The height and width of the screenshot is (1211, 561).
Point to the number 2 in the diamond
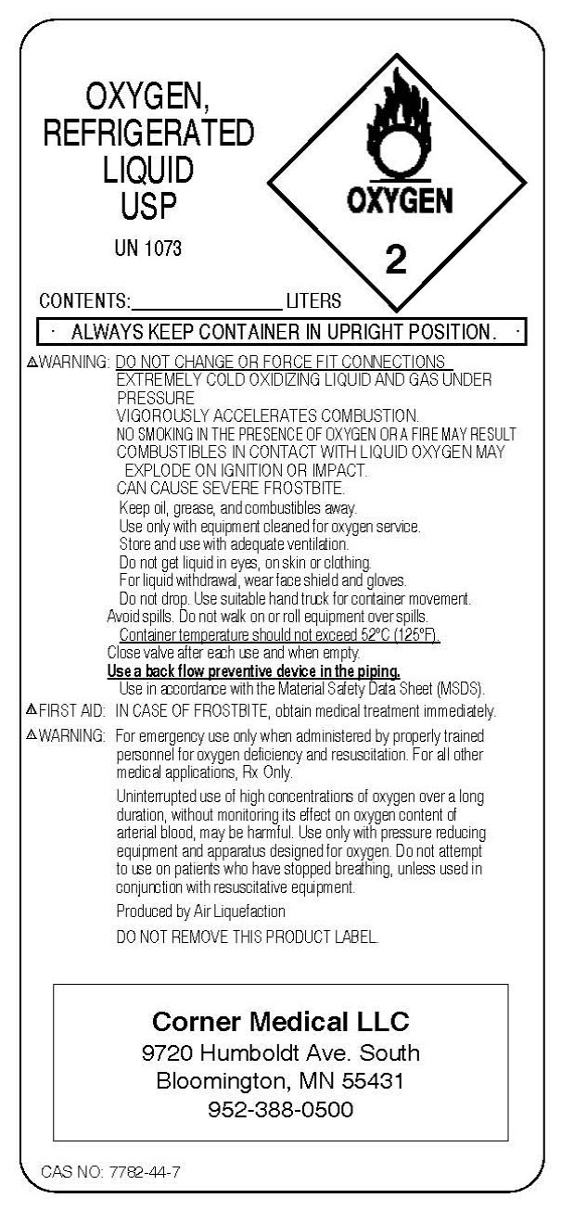tap(396, 261)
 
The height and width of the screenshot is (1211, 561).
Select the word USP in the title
tap(148, 207)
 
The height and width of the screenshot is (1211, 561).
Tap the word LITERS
tap(313, 300)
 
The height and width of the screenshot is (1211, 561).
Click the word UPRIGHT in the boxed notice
tap(346, 331)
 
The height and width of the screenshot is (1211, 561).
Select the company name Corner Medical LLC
tap(280, 1022)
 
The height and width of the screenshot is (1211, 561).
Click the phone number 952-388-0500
tap(280, 1109)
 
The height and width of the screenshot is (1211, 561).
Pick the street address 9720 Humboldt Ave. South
tap(280, 1052)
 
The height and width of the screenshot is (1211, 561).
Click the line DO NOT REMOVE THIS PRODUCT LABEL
tap(248, 937)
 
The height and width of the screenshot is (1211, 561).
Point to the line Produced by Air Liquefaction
tap(200, 911)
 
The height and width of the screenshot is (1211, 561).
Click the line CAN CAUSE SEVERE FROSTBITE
tap(232, 489)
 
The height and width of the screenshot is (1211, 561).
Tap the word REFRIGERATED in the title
tap(148, 134)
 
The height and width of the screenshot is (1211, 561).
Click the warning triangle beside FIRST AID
tap(31, 711)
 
